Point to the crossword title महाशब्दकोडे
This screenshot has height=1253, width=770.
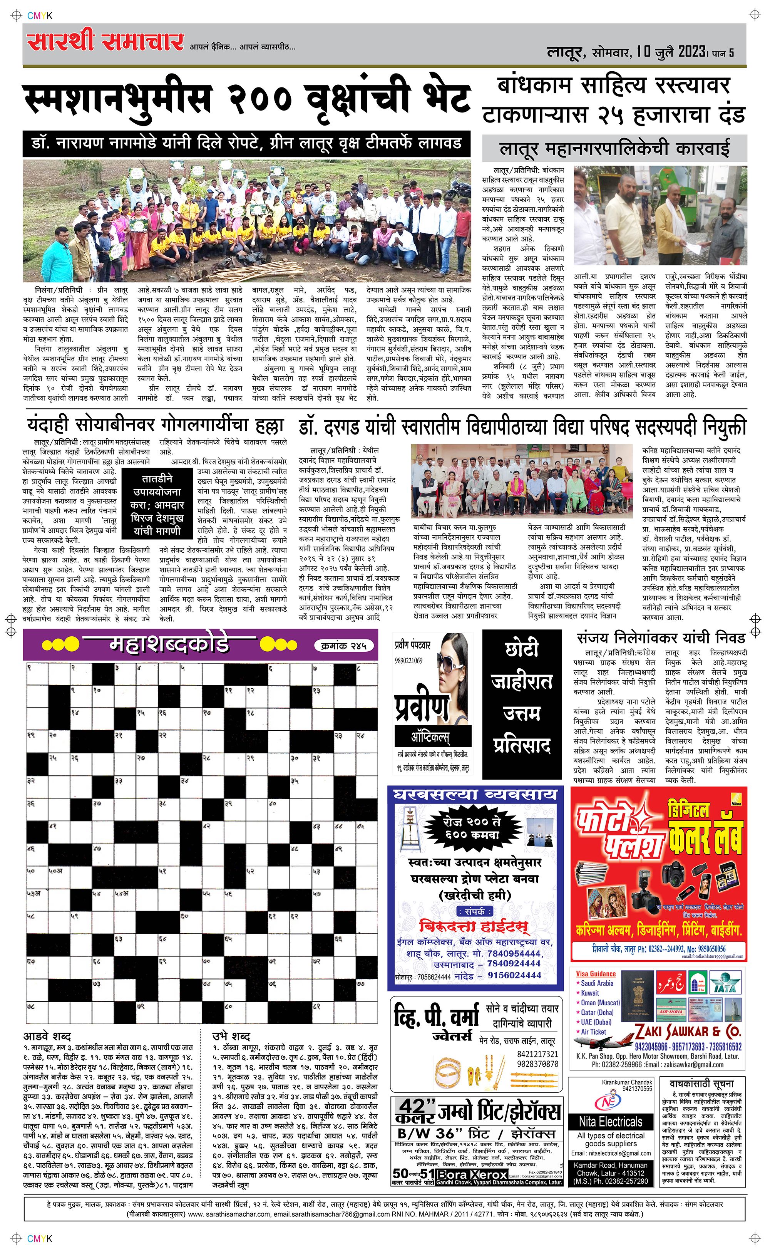169,645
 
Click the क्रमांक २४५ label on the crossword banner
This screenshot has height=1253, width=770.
344,645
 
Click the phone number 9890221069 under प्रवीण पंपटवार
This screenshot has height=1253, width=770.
408,660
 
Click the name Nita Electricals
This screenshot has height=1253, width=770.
610,1122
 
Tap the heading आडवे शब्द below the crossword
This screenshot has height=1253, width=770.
47,1037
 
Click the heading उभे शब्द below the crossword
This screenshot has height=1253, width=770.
231,1037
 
